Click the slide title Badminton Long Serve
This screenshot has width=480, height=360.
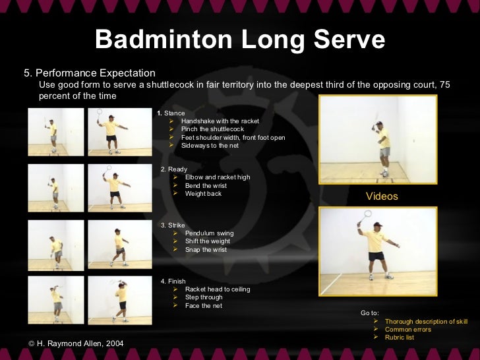(x=240, y=40)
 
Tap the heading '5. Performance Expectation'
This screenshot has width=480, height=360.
(x=90, y=73)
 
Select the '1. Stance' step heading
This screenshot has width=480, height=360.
(x=171, y=113)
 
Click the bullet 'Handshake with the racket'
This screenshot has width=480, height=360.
(x=220, y=121)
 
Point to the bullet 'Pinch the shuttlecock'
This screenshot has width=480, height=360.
(x=212, y=129)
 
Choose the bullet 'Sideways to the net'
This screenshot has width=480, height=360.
(x=210, y=145)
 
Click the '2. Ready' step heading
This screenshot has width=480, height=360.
(x=174, y=169)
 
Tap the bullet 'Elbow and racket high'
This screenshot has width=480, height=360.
(x=217, y=177)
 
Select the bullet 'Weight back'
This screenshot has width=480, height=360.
(x=203, y=194)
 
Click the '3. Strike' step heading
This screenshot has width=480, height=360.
(x=173, y=225)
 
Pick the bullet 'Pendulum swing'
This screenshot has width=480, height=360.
(x=209, y=233)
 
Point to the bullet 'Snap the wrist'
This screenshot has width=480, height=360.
(x=206, y=250)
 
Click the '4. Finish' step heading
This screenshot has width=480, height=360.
(x=173, y=281)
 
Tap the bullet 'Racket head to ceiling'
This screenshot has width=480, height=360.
(x=217, y=289)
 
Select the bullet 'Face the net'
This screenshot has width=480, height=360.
(x=203, y=306)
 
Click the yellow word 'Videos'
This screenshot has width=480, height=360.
(x=382, y=196)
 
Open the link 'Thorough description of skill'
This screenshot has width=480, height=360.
(x=426, y=322)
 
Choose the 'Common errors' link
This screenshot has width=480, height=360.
(x=407, y=330)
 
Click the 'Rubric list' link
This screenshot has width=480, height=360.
(x=399, y=338)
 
